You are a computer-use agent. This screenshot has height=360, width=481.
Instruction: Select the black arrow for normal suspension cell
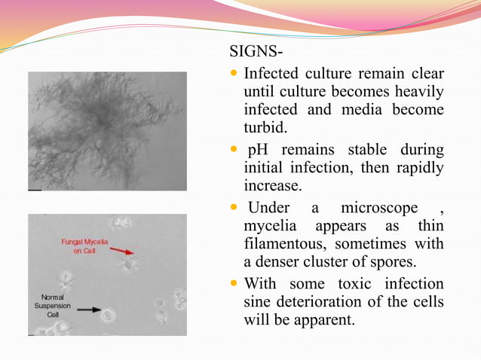pyautogui.click(x=88, y=309)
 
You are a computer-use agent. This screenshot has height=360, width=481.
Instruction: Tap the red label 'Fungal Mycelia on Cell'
pyautogui.click(x=84, y=246)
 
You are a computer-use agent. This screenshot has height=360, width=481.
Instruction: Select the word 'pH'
pyautogui.click(x=258, y=150)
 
